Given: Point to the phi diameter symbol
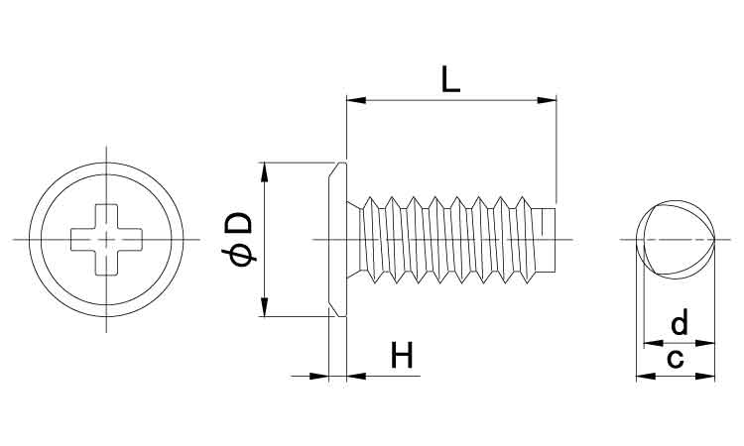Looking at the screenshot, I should [x=241, y=256].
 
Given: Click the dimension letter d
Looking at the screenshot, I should [x=680, y=323].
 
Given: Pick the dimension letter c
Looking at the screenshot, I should [x=675, y=358].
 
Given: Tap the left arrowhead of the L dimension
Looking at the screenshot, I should [x=353, y=99].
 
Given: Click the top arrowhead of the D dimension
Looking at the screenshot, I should [x=264, y=171].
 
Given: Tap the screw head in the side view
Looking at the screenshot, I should [x=337, y=239].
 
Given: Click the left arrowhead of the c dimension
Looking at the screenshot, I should [x=641, y=377].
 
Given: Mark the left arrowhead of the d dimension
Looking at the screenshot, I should [x=650, y=343].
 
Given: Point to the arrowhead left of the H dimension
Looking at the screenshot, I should [x=320, y=376].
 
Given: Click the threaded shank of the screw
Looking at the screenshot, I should [x=446, y=238].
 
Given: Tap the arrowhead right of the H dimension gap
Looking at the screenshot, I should [x=354, y=376].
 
